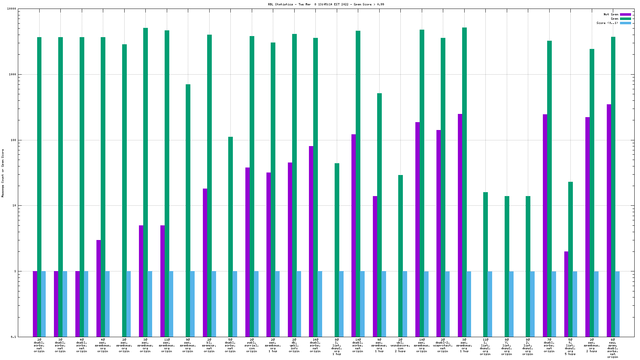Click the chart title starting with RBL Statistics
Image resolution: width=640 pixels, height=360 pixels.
pyautogui.click(x=326, y=4)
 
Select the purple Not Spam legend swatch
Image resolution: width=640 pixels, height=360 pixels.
pyautogui.click(x=625, y=15)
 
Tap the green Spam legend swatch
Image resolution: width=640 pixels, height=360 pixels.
pyautogui.click(x=625, y=19)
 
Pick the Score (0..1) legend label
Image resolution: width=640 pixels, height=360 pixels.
pyautogui.click(x=607, y=23)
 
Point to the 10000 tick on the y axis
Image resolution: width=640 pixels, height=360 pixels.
pyautogui.click(x=12, y=9)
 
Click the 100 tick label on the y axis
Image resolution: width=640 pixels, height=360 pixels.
pyautogui.click(x=13, y=140)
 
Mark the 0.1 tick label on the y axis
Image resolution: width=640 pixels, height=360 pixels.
pyautogui.click(x=13, y=337)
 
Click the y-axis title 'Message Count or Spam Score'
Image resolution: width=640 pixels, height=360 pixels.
pyautogui.click(x=3, y=173)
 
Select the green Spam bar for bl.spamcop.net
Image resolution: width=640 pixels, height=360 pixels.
pyautogui.click(x=209, y=186)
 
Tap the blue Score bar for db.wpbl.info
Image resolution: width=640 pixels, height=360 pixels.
pyautogui.click(x=299, y=304)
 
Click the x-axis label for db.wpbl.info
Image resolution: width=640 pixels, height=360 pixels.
pyautogui.click(x=294, y=345)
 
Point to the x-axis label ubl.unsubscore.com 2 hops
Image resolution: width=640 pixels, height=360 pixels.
pyautogui.click(x=400, y=345)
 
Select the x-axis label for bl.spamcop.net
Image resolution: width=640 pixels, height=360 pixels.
pyautogui.click(x=209, y=345)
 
